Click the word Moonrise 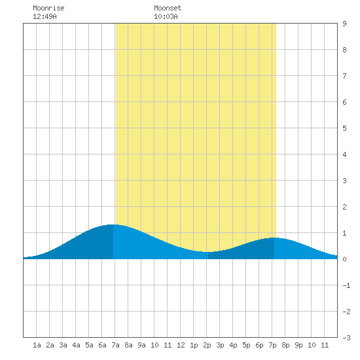pos(48,8)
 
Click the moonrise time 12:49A pos(45,16)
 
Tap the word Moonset pos(168,8)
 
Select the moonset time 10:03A pos(166,16)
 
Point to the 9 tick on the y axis pos(344,24)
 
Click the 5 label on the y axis pos(344,128)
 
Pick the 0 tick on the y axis pos(344,259)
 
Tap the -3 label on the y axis pos(346,338)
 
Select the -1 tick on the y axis pos(346,285)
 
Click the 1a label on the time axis pos(37,345)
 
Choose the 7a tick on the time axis pos(115,345)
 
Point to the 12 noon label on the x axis pos(181,345)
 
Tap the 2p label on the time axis pos(207,345)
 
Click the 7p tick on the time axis pos(272,345)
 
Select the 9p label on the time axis pos(298,345)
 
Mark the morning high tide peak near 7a pos(113,225)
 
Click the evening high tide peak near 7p pos(274,238)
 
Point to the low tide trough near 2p pos(208,252)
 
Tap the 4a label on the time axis pos(76,345)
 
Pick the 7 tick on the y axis pos(344,76)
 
